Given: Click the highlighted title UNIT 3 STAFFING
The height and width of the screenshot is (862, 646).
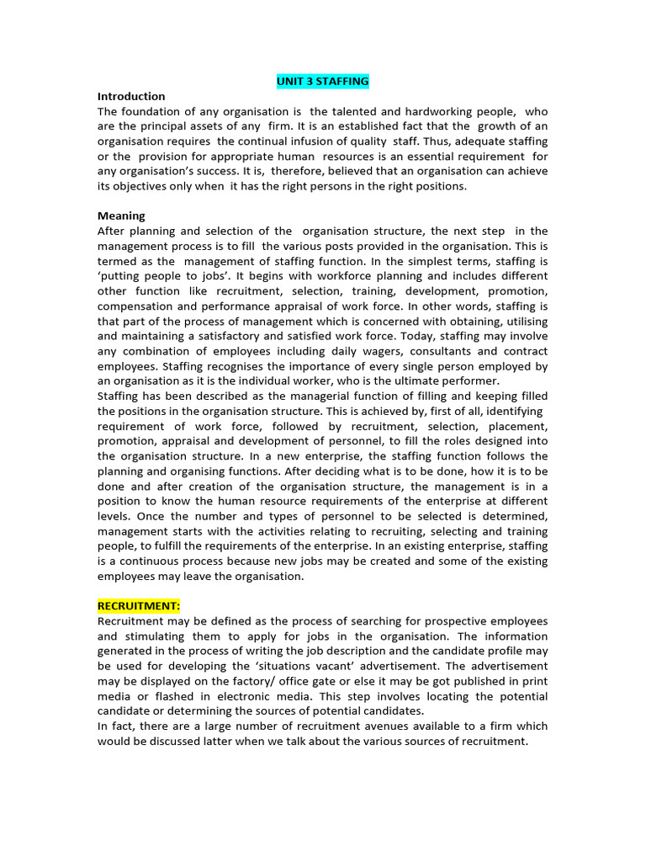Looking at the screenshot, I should pos(323,81).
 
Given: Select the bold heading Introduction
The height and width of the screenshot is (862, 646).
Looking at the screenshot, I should pos(131,96).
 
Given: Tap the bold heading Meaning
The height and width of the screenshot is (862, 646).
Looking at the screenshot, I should pos(121,215).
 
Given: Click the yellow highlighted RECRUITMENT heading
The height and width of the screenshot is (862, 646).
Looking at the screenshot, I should pos(139,606).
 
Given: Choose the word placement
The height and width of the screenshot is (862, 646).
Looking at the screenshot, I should pos(514,426).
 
